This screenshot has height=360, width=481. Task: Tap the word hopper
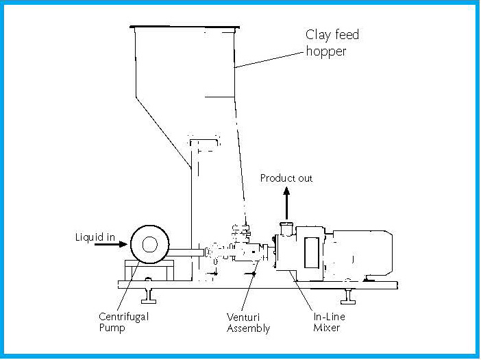(x=326, y=51)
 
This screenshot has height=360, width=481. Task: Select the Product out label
(x=286, y=178)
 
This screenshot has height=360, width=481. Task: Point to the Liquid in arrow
(x=111, y=244)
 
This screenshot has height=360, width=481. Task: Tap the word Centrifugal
(x=123, y=317)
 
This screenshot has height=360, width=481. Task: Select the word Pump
(x=112, y=328)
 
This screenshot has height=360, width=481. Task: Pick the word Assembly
(x=249, y=328)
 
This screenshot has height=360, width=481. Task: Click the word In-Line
(x=329, y=316)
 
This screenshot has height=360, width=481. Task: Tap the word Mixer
(x=326, y=328)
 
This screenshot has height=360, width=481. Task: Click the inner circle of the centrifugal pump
(x=150, y=245)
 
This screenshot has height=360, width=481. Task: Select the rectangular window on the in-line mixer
(x=312, y=252)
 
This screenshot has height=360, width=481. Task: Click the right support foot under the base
(x=348, y=296)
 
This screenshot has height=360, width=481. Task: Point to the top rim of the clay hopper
(x=185, y=27)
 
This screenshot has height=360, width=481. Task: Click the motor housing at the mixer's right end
(x=362, y=254)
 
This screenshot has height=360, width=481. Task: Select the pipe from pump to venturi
(x=186, y=252)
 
